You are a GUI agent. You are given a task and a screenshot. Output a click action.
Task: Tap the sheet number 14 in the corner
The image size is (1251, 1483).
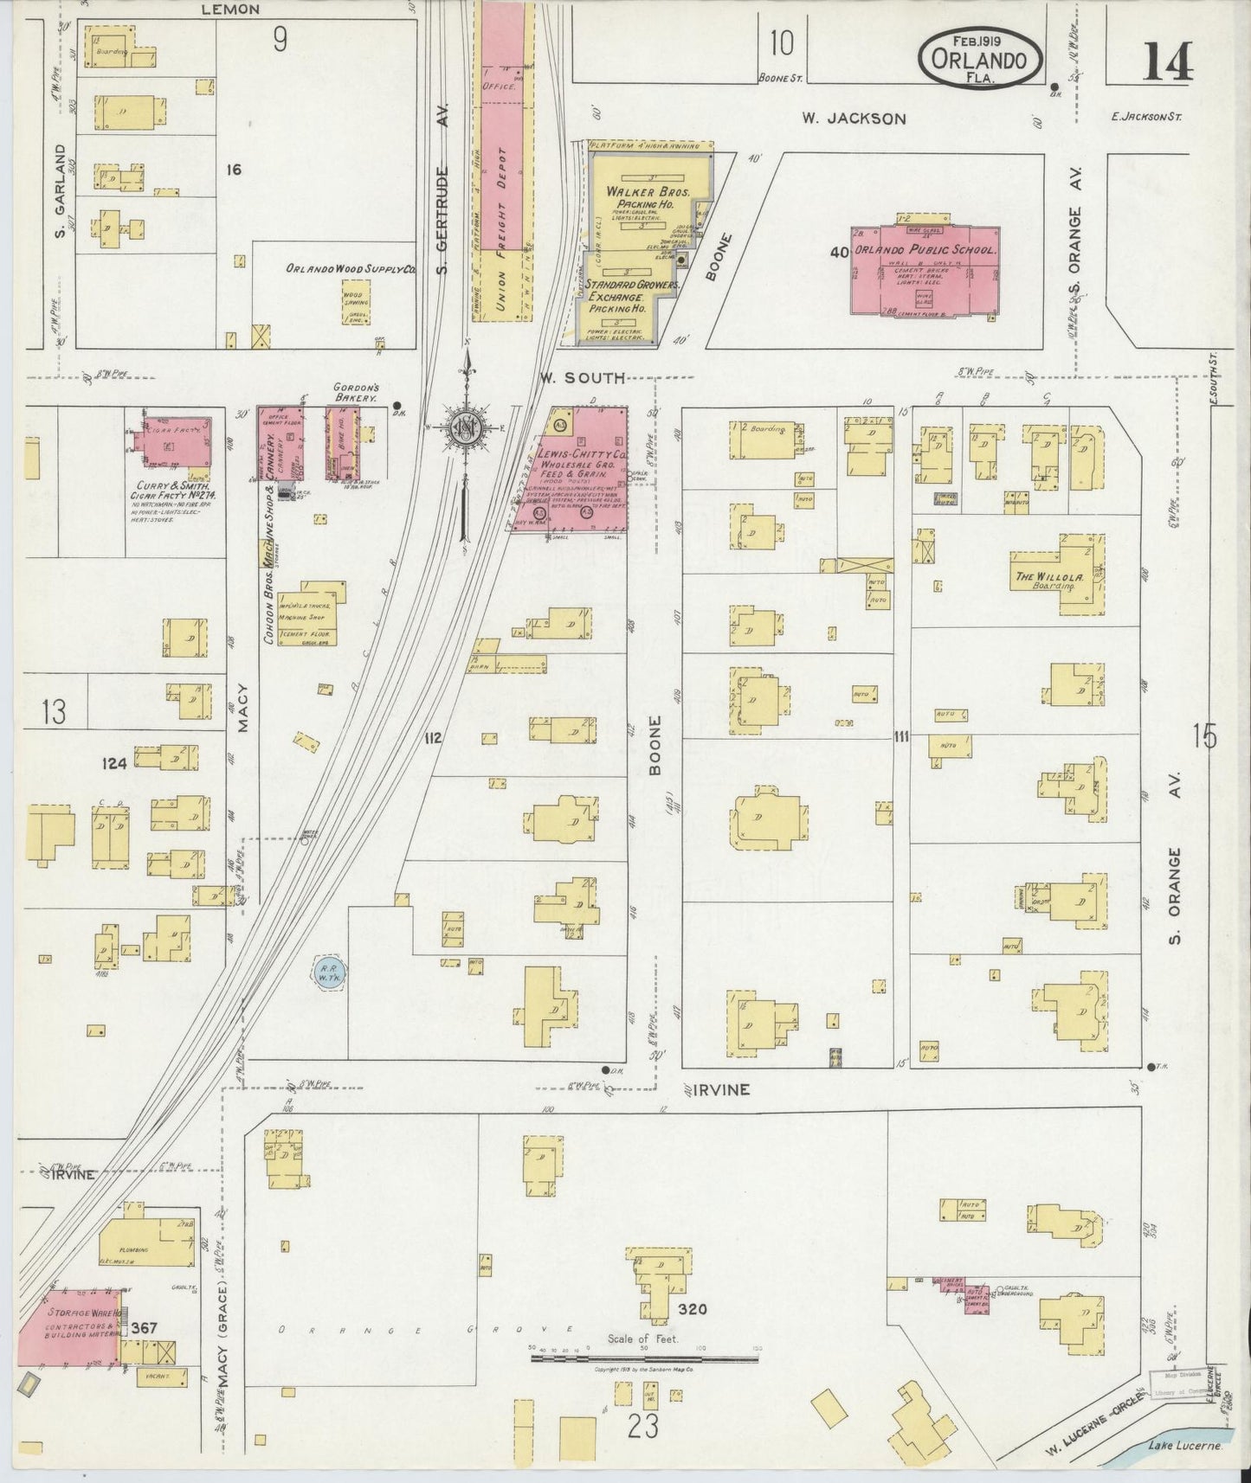(x=1169, y=61)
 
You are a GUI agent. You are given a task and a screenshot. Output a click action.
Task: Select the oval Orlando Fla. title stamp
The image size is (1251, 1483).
(x=980, y=57)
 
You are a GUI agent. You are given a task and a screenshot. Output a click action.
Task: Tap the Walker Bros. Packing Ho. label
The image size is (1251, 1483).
(x=648, y=197)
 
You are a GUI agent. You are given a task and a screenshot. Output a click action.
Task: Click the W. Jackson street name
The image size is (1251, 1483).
(x=853, y=119)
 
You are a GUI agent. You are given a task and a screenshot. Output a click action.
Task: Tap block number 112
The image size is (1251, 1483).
(x=433, y=738)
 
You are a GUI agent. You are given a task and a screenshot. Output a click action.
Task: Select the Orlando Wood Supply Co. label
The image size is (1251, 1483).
(x=351, y=270)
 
